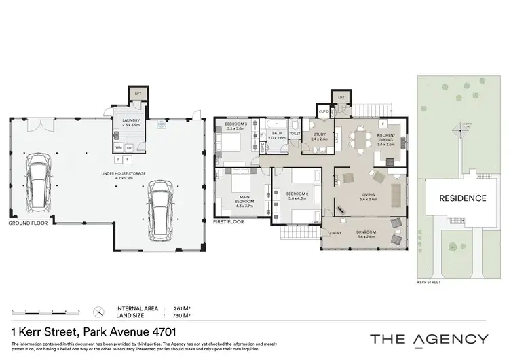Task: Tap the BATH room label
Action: click(276, 134)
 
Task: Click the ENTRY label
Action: click(335, 234)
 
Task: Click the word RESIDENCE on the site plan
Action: click(462, 198)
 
